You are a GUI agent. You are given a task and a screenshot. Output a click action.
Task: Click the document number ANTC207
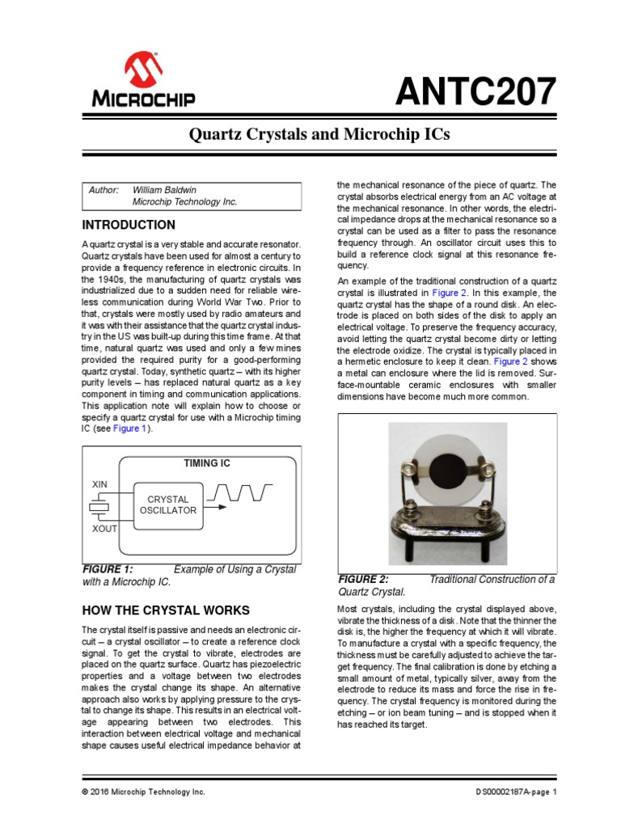point(475,92)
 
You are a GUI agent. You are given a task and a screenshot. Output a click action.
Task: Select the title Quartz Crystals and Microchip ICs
point(310,135)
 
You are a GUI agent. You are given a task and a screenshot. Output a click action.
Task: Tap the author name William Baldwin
point(164,190)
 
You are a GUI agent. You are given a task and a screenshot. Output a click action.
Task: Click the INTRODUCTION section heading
point(129,225)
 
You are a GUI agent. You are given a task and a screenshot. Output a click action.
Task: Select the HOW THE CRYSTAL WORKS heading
point(166,610)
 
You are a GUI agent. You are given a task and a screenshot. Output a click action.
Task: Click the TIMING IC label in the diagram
point(207,463)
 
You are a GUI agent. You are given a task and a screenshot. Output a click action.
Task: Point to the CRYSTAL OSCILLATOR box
point(168,505)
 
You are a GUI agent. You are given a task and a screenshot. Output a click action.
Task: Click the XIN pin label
point(99,484)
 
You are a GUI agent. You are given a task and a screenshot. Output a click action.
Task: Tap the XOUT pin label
point(104,528)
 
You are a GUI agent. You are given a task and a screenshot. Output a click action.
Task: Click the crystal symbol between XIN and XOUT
point(99,507)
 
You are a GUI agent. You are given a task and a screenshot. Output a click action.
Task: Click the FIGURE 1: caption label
point(108,569)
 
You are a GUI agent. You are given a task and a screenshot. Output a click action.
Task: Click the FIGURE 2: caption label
point(363,580)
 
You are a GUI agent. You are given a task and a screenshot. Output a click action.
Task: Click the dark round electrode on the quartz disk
point(446,469)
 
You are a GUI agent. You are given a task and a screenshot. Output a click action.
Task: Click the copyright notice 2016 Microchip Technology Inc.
point(144,792)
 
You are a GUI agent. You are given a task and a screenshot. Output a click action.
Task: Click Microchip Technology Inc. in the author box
point(184,202)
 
